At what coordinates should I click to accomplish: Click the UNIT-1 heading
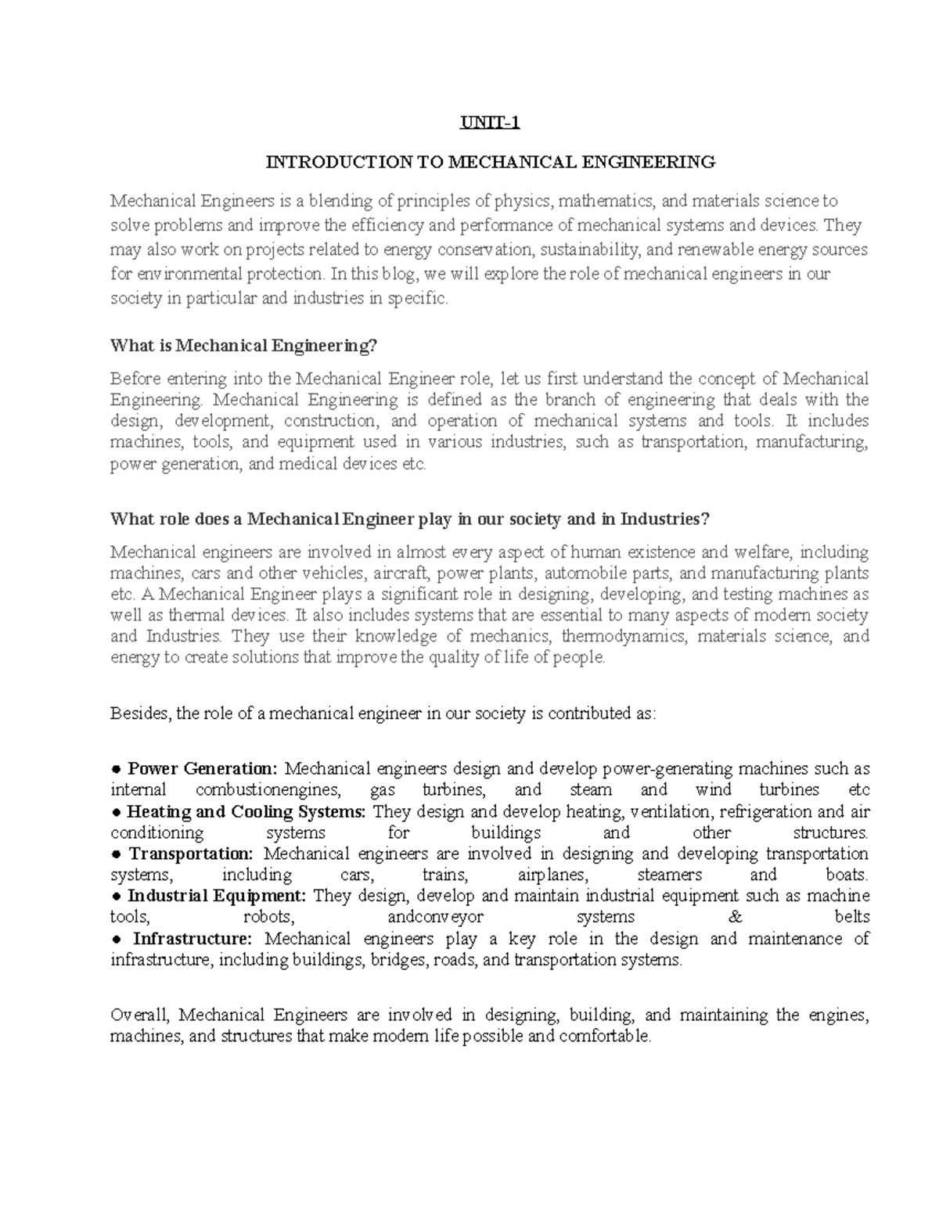tap(490, 123)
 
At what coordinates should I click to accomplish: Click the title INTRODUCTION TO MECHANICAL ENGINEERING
tap(491, 162)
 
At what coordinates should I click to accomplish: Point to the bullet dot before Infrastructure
tap(116, 939)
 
